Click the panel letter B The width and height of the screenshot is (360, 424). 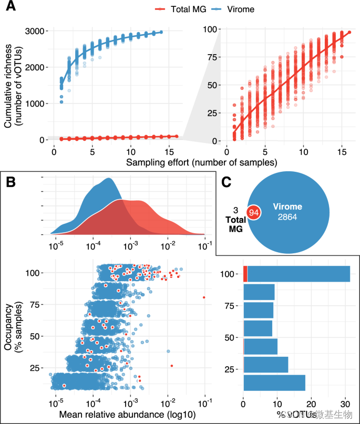click(12, 183)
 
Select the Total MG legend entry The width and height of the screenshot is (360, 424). click(182, 8)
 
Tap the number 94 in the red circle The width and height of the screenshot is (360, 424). click(254, 213)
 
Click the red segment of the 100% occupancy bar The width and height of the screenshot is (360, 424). click(245, 274)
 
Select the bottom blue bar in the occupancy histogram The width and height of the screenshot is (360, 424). click(274, 382)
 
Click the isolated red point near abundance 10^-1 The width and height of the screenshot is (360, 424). click(203, 297)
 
